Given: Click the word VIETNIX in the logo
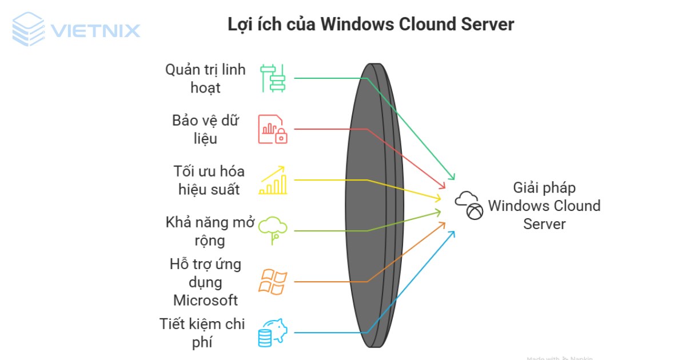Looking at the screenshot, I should pyautogui.click(x=95, y=30).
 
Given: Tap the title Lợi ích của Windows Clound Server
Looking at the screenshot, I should pyautogui.click(x=370, y=25).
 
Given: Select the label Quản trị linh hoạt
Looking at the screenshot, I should pyautogui.click(x=205, y=78).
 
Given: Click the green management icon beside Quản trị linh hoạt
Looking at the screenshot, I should pyautogui.click(x=273, y=78).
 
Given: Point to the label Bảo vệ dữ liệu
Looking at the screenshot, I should pyautogui.click(x=205, y=130).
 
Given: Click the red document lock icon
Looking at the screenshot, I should pyautogui.click(x=273, y=129).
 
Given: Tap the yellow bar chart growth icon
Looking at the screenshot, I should pyautogui.click(x=273, y=181).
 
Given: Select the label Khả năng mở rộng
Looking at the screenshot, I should pyautogui.click(x=209, y=231).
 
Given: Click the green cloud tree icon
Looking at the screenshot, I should pyautogui.click(x=273, y=230).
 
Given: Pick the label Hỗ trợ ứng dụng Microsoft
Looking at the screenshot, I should pyautogui.click(x=205, y=282).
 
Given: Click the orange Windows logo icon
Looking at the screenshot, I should pyautogui.click(x=273, y=282).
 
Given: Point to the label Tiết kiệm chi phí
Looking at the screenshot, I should pyautogui.click(x=202, y=333).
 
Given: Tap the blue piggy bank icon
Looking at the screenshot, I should pyautogui.click(x=273, y=333).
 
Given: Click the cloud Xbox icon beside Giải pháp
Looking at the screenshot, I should pyautogui.click(x=469, y=206).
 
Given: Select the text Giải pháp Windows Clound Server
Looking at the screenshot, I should pyautogui.click(x=544, y=206).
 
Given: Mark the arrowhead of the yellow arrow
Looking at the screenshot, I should pyautogui.click(x=438, y=198).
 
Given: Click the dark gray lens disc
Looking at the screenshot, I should pyautogui.click(x=372, y=205).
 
